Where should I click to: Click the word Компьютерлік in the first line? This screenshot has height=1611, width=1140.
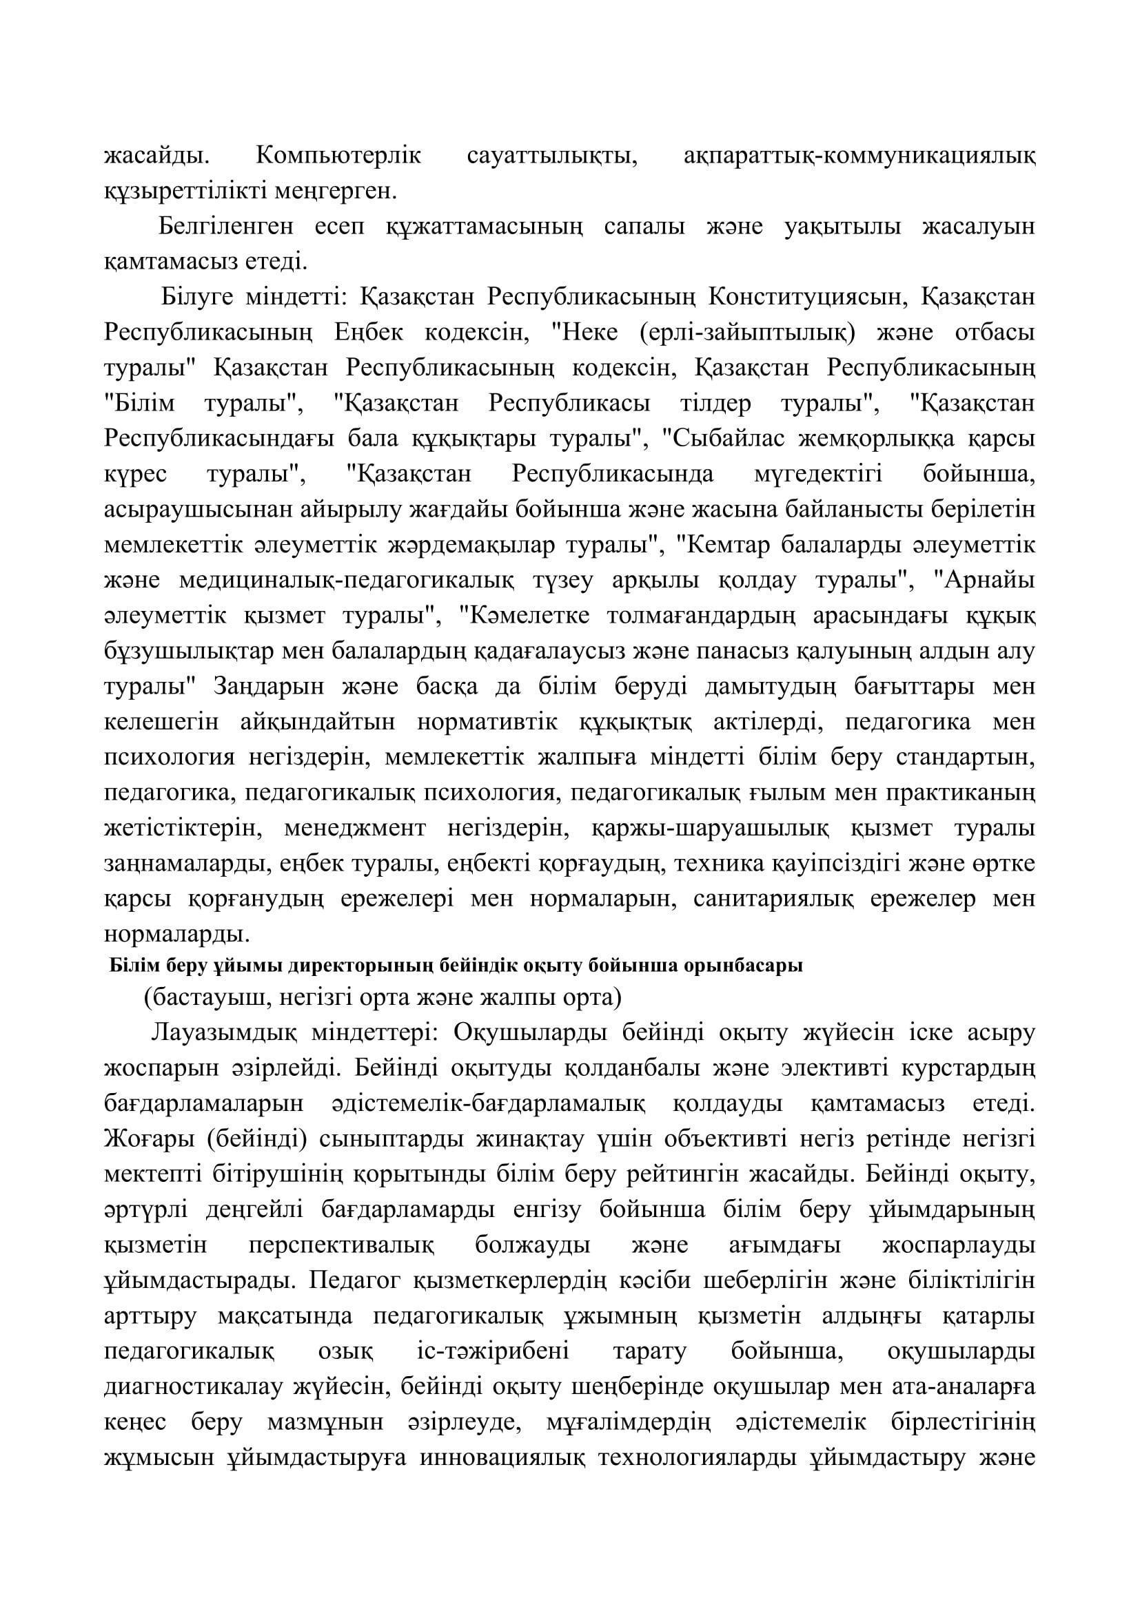[x=338, y=155]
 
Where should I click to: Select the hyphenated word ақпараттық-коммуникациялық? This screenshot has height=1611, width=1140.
[x=859, y=155]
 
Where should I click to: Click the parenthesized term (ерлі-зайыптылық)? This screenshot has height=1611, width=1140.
[x=748, y=333]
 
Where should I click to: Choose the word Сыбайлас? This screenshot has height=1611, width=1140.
[x=724, y=439]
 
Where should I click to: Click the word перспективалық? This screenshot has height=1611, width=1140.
[x=341, y=1246]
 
